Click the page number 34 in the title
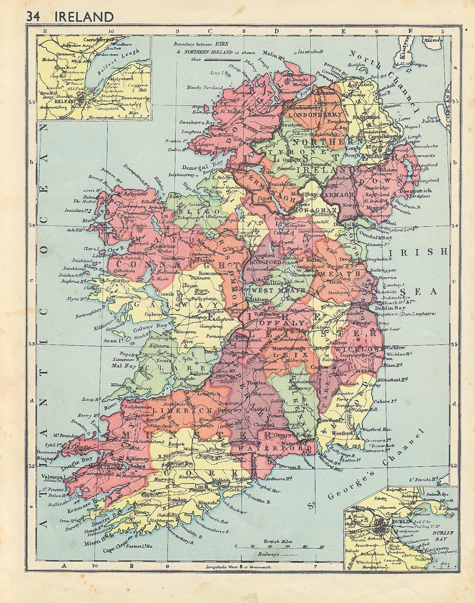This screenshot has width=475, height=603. click(33, 17)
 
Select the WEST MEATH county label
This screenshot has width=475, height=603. click(278, 290)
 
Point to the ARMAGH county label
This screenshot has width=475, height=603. click(339, 194)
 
